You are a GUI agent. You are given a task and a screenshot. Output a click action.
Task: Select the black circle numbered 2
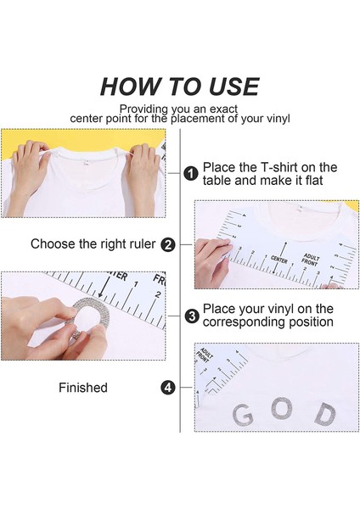(x=168, y=244)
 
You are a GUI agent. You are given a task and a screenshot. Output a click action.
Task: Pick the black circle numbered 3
(x=191, y=316)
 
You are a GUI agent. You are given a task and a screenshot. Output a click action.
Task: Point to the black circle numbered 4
(x=168, y=388)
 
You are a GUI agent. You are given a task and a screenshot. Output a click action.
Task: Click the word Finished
(x=82, y=388)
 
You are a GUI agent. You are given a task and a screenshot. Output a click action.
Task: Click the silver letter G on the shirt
(x=242, y=415)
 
